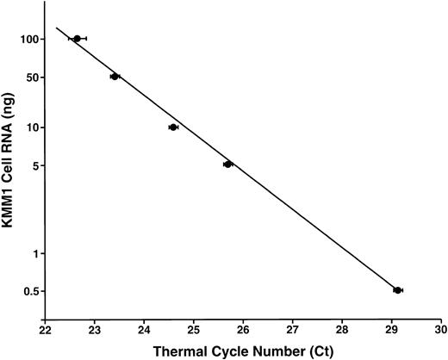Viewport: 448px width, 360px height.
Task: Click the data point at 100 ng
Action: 78,39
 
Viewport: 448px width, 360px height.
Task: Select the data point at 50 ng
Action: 115,77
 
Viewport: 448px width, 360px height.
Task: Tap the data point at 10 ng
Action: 173,127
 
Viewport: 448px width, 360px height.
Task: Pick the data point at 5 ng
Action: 227,164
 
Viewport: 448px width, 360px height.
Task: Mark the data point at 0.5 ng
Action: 397,290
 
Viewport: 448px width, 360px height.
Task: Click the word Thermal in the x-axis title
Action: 177,351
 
